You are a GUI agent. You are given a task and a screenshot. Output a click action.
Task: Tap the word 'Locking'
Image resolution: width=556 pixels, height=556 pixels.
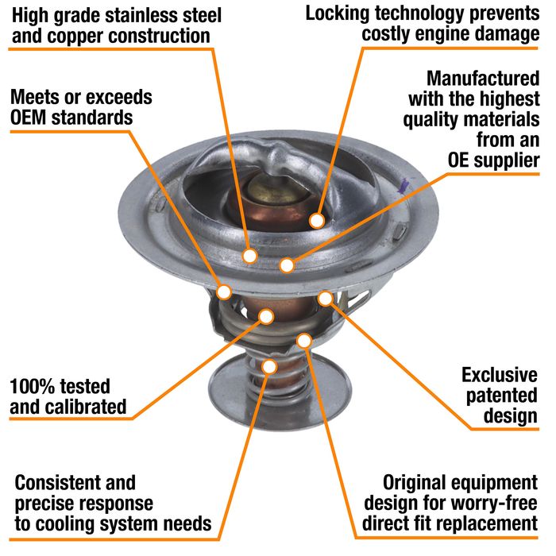pos(338,14)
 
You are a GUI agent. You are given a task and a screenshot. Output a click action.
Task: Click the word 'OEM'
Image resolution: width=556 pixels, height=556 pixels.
pos(34,118)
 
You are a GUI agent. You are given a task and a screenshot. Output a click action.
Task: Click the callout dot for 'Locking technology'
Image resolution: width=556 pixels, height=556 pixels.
pos(317,220)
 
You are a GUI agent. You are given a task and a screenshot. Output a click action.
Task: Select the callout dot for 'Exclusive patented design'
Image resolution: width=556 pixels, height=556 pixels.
pos(325,298)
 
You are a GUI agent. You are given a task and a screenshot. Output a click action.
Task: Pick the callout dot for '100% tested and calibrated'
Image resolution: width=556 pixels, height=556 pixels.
pos(267,316)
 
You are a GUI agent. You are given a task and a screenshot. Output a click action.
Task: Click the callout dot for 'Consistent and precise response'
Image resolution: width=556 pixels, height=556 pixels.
pos(270,366)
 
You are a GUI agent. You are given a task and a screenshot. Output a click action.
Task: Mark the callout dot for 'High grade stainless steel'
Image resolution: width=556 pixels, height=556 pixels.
pos(249,256)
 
